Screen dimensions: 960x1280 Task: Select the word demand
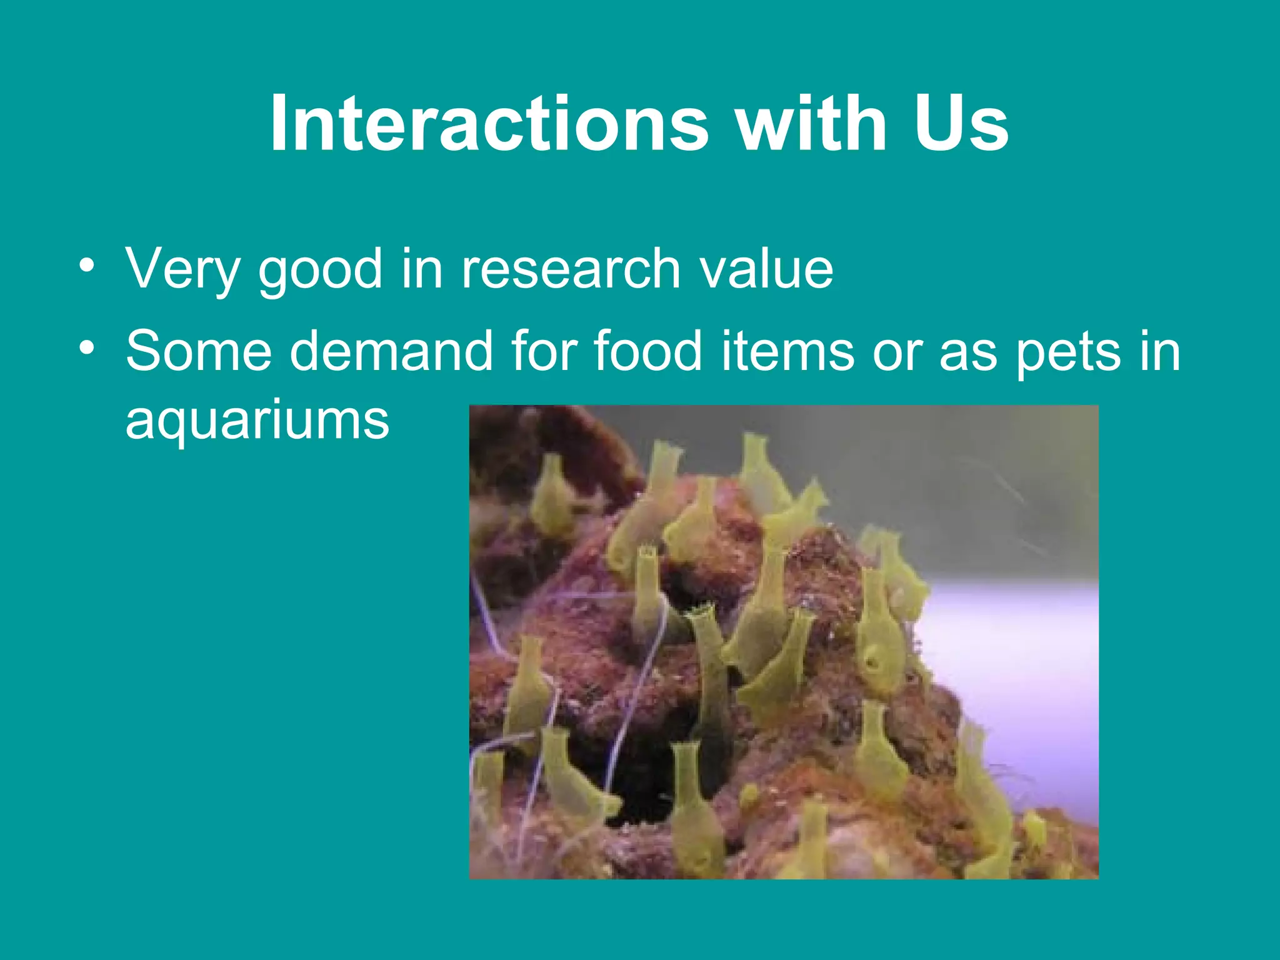pyautogui.click(x=391, y=351)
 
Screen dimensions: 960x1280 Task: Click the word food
pyautogui.click(x=647, y=351)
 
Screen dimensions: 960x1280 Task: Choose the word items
pyautogui.click(x=788, y=351)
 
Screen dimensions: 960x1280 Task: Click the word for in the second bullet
pyautogui.click(x=542, y=351)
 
